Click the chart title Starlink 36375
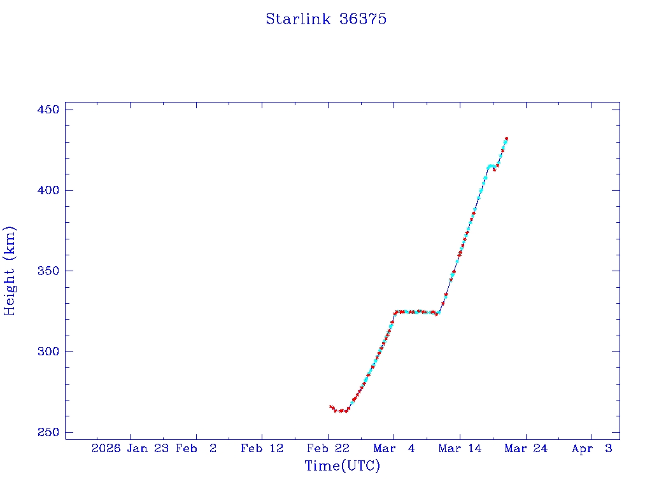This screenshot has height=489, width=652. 326,19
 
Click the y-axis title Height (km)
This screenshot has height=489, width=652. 10,271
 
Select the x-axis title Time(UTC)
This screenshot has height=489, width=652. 343,466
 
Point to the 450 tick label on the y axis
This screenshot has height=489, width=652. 46,110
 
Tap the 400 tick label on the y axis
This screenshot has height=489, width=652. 46,190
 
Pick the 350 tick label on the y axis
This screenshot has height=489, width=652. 46,271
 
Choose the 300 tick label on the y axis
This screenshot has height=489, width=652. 46,351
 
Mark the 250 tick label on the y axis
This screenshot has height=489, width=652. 46,432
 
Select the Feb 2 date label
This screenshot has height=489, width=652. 196,449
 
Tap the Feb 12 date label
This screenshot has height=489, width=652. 262,449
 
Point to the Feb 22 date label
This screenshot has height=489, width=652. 328,449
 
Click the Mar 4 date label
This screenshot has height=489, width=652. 394,449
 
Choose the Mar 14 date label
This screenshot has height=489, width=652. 460,449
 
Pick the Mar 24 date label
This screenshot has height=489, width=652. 526,449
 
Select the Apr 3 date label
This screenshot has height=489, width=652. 592,449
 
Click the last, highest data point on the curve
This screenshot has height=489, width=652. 506,138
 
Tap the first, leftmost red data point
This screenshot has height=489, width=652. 330,406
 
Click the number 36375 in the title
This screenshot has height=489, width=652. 363,19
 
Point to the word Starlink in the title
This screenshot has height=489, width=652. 298,19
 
